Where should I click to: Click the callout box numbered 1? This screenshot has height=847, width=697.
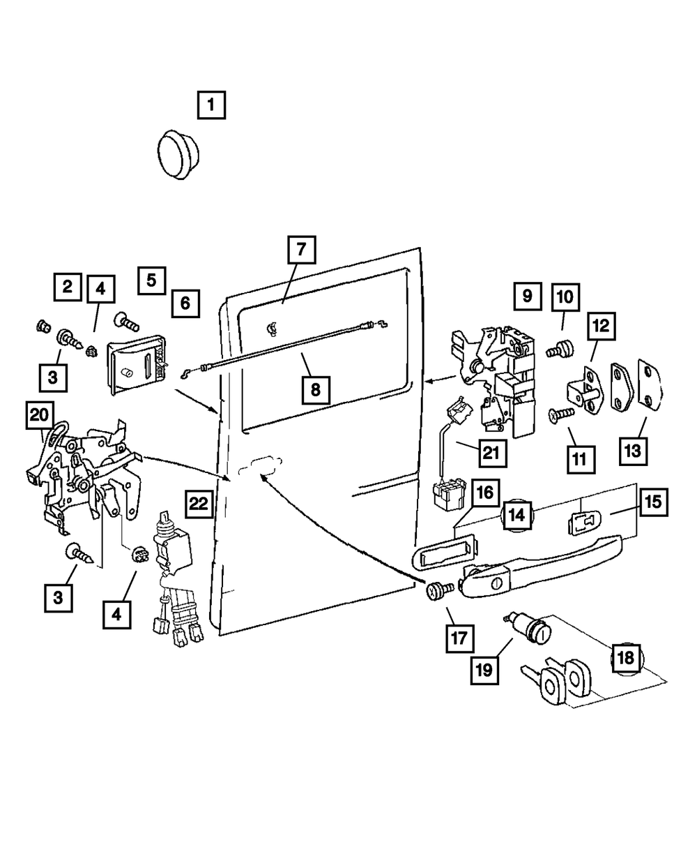(x=210, y=106)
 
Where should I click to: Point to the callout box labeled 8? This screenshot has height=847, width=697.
(x=315, y=389)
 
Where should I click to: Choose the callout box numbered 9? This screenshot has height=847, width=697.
(x=527, y=296)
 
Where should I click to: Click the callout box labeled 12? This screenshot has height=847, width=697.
(x=601, y=326)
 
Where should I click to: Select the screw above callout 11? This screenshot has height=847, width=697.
(x=560, y=415)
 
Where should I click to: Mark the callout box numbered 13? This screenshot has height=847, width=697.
(x=631, y=451)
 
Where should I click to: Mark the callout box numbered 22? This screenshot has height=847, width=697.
(x=199, y=504)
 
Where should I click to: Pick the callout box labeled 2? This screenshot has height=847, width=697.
(x=67, y=285)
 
